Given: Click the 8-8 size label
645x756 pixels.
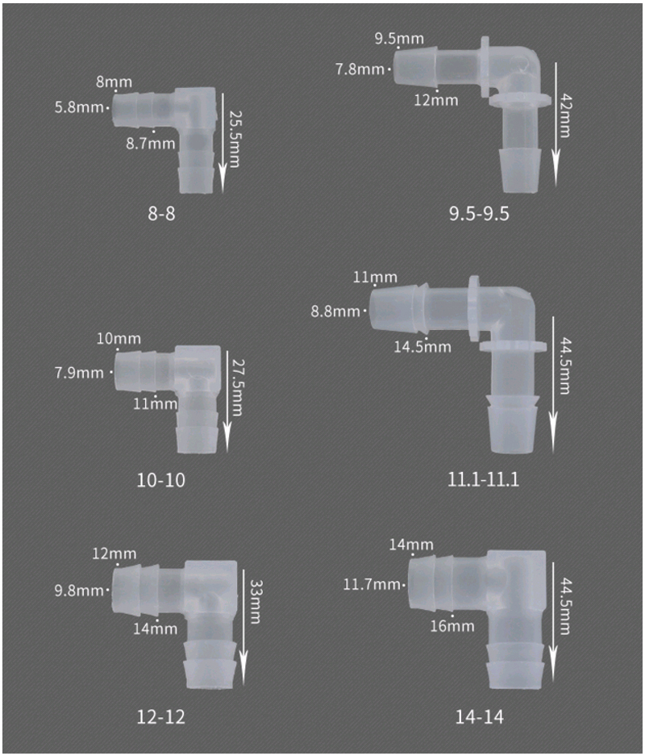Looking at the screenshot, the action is tap(161, 213).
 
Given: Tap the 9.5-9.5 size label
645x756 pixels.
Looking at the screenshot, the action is tap(479, 213).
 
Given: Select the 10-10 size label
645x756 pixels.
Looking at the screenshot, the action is tap(161, 480).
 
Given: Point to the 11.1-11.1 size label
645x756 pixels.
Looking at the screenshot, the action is tap(483, 480).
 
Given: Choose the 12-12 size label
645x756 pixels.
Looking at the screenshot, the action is tap(161, 717).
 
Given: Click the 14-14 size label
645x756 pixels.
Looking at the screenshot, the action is tap(479, 717).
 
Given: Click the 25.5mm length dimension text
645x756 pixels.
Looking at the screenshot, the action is tap(235, 140).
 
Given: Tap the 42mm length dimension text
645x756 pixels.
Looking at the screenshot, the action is tap(565, 116).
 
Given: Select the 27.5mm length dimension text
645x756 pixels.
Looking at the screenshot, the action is tap(238, 387).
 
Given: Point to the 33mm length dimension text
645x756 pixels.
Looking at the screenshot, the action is tap(256, 602).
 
